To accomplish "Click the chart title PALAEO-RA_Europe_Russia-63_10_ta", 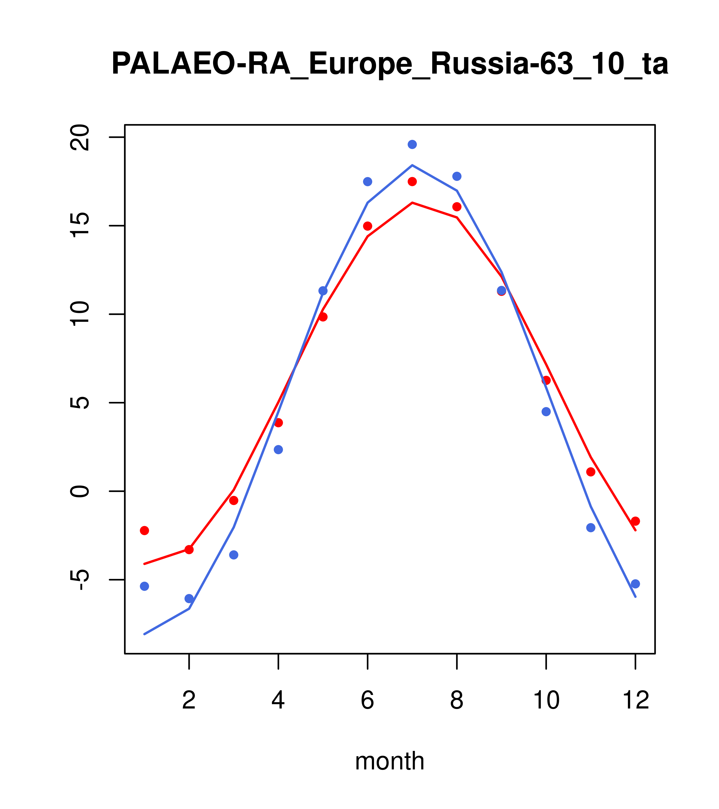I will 390,64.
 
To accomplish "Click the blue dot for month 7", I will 412,144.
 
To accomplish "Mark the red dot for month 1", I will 144,530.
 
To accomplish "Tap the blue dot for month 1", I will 144,586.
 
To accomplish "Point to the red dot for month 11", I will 591,472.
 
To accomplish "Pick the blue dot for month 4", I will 279,450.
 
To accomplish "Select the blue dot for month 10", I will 546,412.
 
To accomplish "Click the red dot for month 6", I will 368,226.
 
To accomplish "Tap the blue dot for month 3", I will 234,555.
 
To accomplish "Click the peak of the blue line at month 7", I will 412,165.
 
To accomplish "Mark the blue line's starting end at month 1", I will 144,634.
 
